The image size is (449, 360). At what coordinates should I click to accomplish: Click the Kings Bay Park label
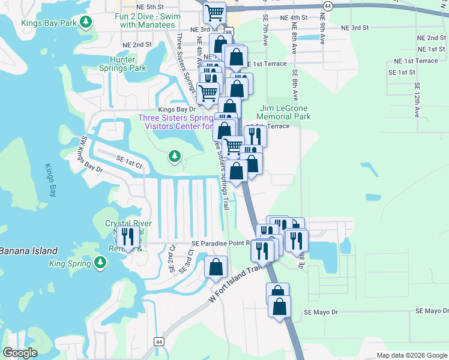pyautogui.click(x=50, y=23)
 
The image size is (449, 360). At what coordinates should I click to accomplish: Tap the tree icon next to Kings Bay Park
pyautogui.click(x=86, y=23)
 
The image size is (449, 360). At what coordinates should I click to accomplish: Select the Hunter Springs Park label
pyautogui.click(x=128, y=64)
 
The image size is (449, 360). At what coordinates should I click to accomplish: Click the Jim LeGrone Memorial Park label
pyautogui.click(x=285, y=112)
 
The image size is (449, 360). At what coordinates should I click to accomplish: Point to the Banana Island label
pyautogui.click(x=29, y=251)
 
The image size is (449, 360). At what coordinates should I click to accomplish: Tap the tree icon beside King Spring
pyautogui.click(x=101, y=263)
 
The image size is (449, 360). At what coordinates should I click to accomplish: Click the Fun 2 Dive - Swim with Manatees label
pyautogui.click(x=148, y=20)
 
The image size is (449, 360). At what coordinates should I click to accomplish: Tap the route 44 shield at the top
pyautogui.click(x=327, y=5)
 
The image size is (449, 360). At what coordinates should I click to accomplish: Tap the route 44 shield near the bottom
pyautogui.click(x=158, y=341)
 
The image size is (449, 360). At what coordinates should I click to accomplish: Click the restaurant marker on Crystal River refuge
pyautogui.click(x=127, y=236)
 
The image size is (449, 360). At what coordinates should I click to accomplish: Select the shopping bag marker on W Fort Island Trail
pyautogui.click(x=216, y=268)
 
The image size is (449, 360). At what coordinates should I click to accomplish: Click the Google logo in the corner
pyautogui.click(x=20, y=353)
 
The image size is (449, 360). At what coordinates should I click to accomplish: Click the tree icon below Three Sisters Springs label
pyautogui.click(x=175, y=157)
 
